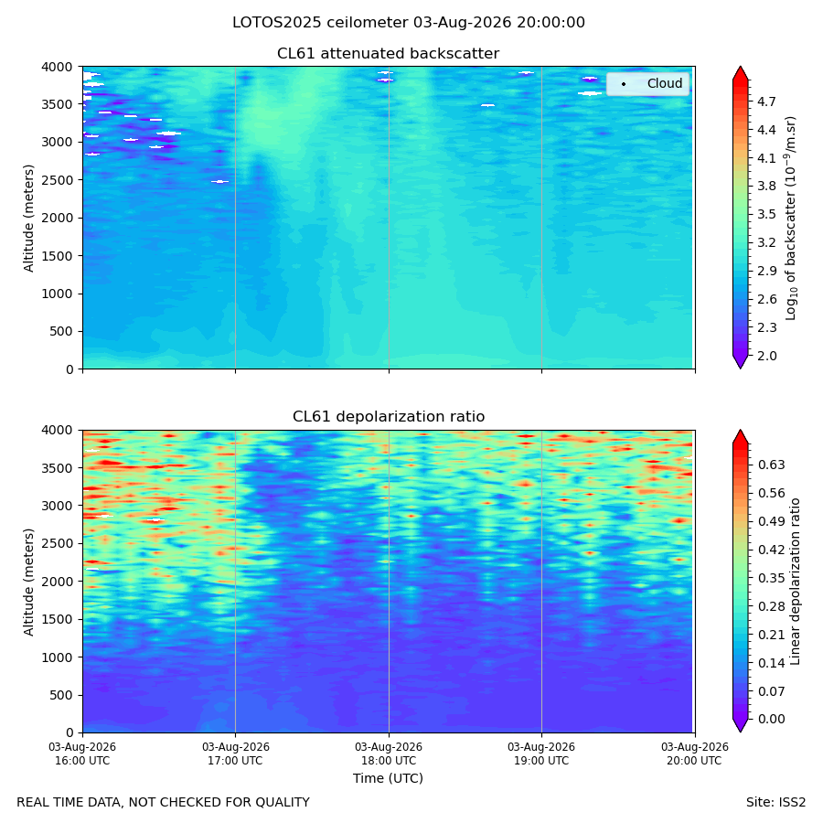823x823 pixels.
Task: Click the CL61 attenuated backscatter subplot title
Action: tap(388, 54)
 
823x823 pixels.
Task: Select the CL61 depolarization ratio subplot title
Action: tap(389, 417)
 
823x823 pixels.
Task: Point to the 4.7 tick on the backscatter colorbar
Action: tap(765, 102)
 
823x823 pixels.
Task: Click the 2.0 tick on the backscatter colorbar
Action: tap(765, 356)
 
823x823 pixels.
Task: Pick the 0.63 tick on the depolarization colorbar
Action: tap(771, 465)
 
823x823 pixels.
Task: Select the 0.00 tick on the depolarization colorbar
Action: tap(771, 719)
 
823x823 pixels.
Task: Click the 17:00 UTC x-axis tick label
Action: tap(235, 754)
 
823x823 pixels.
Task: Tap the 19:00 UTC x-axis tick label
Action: tap(541, 754)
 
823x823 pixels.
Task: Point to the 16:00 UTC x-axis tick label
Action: tap(82, 754)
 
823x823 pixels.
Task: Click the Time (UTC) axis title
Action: tap(388, 778)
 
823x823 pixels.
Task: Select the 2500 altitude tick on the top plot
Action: tap(58, 180)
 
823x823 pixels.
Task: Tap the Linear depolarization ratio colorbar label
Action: tap(795, 582)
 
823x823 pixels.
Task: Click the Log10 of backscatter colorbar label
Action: tap(791, 219)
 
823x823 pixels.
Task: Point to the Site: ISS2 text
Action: tap(775, 803)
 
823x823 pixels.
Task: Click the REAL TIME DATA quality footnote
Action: tap(164, 803)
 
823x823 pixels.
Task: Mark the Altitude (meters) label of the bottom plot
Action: tap(28, 582)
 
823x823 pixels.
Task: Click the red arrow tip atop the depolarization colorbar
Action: tap(740, 431)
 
